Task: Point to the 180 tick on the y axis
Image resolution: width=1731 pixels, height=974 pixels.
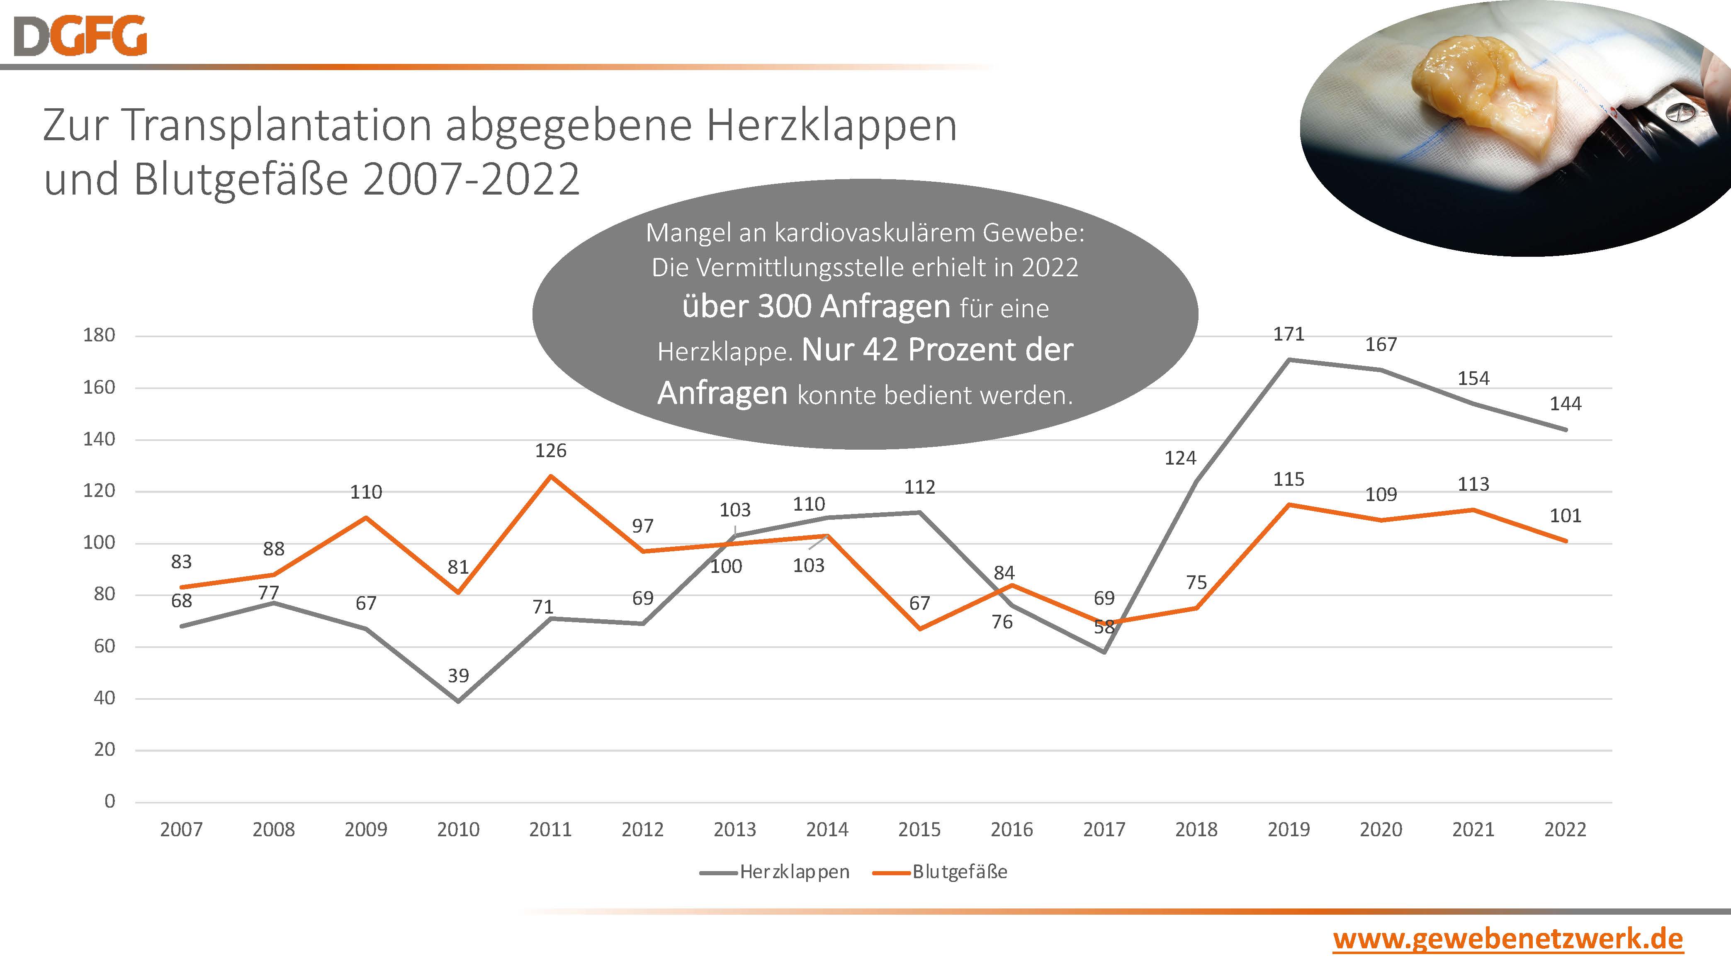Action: pyautogui.click(x=99, y=335)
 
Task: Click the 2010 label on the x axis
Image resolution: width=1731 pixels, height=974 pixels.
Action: pyautogui.click(x=458, y=830)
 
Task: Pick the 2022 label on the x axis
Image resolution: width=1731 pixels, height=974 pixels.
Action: pyautogui.click(x=1565, y=830)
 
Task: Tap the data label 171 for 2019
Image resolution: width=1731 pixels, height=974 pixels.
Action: pyautogui.click(x=1288, y=334)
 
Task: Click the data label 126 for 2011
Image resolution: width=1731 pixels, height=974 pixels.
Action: pyautogui.click(x=550, y=450)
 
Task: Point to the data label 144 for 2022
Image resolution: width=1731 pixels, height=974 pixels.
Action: pyautogui.click(x=1565, y=404)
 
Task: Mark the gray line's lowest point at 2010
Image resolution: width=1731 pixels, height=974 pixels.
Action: pyautogui.click(x=458, y=701)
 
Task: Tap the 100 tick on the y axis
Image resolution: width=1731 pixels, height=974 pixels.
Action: pyautogui.click(x=99, y=543)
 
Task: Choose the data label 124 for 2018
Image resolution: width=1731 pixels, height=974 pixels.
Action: pyautogui.click(x=1180, y=458)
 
